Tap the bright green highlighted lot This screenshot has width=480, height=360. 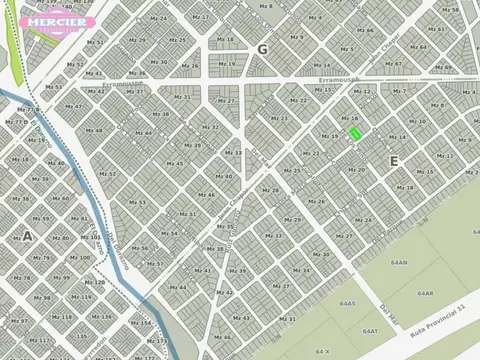click(x=354, y=133)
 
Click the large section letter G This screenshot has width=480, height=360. click(x=262, y=49)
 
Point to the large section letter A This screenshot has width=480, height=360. click(x=27, y=236)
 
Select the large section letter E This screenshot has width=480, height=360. click(x=394, y=160)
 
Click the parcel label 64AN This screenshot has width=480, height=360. click(x=399, y=262)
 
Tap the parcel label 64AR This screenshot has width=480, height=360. click(x=425, y=292)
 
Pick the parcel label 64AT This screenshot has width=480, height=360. click(x=370, y=329)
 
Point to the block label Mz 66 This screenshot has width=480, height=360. click(x=367, y=30)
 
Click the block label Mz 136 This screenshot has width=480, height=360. click(x=102, y=317)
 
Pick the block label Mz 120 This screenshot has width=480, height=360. click(x=97, y=282)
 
